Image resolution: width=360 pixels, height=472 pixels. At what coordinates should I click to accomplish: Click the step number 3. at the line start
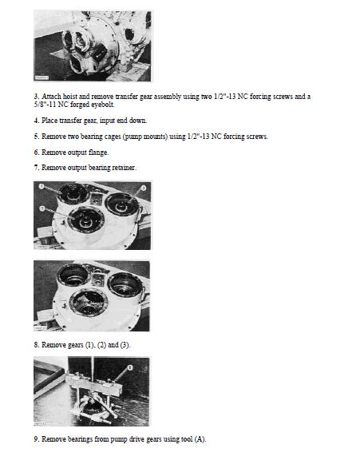[x=37, y=97]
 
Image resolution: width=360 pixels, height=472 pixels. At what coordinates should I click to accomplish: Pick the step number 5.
[x=37, y=137]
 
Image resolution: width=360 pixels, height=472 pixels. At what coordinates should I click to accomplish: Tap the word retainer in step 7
[x=122, y=168]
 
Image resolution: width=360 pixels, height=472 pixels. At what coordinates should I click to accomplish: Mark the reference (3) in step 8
[x=124, y=344]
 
